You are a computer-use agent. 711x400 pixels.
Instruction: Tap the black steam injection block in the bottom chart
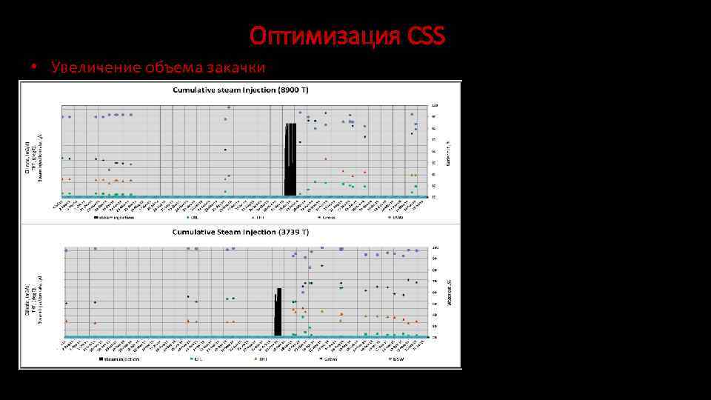tap(278, 313)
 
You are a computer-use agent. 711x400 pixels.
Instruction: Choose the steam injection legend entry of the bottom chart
tap(121, 359)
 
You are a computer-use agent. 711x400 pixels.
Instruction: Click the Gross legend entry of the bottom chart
tap(330, 359)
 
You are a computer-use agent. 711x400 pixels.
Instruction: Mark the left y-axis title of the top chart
tap(33, 154)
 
